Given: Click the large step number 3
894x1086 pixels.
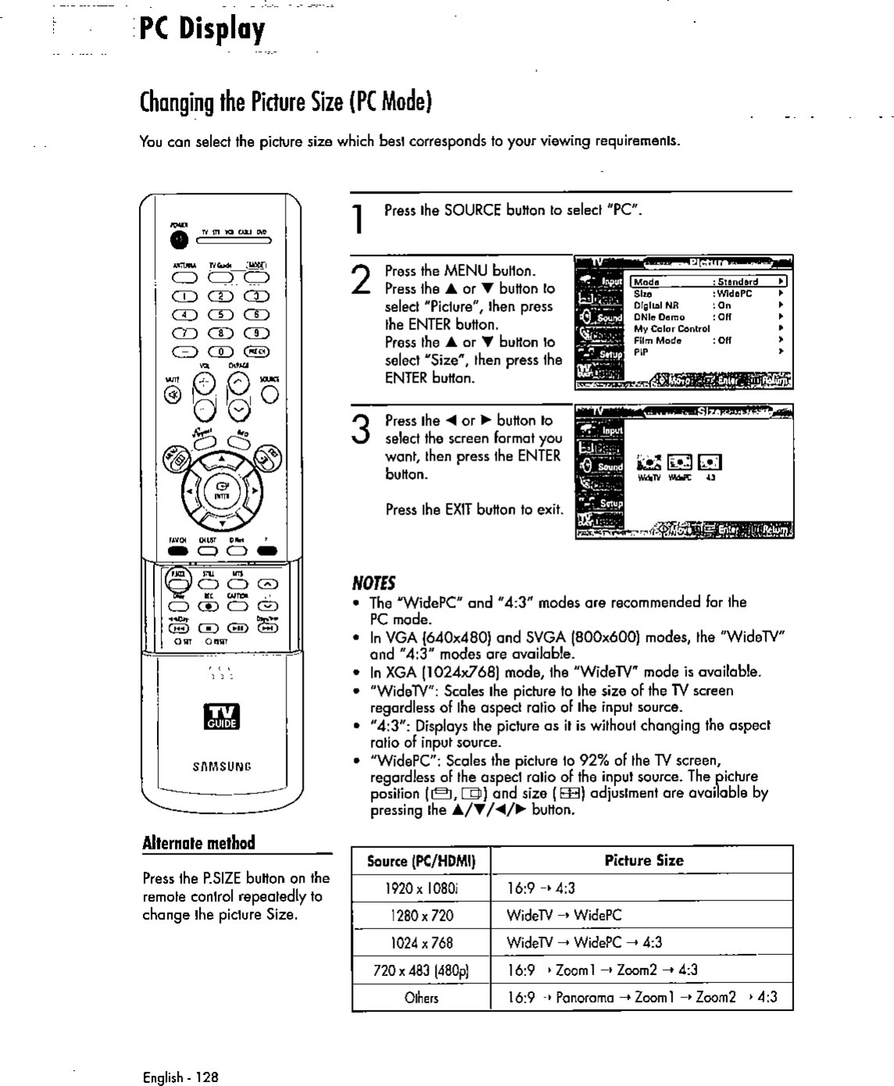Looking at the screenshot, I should pyautogui.click(x=362, y=430).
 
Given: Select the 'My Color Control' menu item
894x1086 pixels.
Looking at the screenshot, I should pyautogui.click(x=671, y=329).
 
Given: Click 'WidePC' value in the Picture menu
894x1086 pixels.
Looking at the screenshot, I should pyautogui.click(x=735, y=294).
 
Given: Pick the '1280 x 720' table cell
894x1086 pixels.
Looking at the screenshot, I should pyautogui.click(x=421, y=915).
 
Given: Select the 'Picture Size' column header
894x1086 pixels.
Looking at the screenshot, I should pyautogui.click(x=643, y=860).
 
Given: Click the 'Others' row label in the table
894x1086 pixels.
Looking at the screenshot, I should pyautogui.click(x=421, y=997).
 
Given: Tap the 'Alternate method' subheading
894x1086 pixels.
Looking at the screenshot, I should pyautogui.click(x=199, y=843).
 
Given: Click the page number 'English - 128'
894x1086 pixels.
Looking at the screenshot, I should pyautogui.click(x=181, y=1077).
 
